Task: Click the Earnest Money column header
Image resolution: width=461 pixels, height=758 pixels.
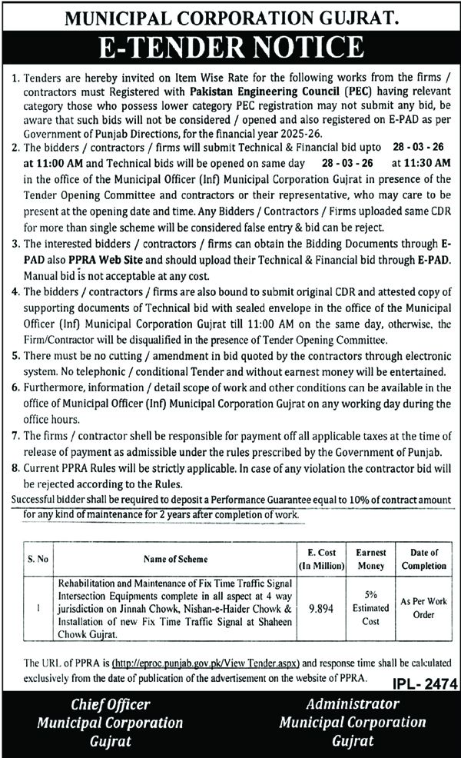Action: click(x=370, y=559)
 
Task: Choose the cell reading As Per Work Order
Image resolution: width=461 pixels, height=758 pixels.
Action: click(x=423, y=605)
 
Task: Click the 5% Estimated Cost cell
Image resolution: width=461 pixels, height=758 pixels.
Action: click(x=370, y=605)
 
